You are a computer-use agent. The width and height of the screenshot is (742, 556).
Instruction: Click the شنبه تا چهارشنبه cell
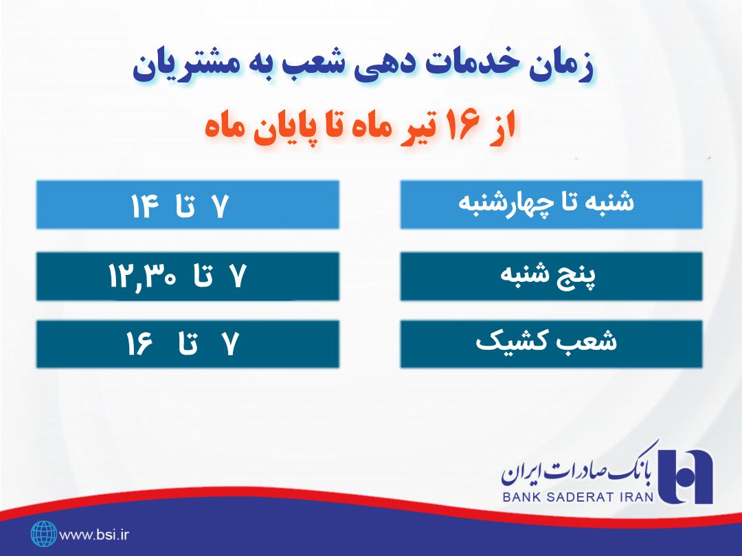pos(551,204)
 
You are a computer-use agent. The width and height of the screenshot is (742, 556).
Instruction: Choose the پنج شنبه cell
pos(551,276)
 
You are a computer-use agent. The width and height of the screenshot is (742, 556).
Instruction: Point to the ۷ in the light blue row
pos(218,207)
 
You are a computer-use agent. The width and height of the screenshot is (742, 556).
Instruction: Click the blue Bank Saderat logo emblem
pos(685,474)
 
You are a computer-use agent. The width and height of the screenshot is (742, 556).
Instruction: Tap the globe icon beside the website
pos(43,533)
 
